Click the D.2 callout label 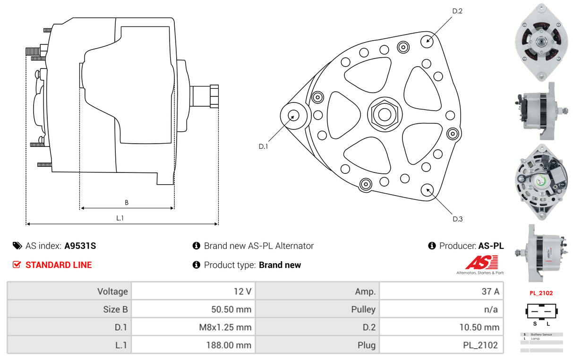(457, 11)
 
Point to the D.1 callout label (263, 146)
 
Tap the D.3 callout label (457, 219)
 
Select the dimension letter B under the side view (127, 203)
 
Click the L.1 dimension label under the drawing (120, 218)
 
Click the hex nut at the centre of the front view (385, 115)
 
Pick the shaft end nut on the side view (214, 96)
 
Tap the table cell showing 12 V (242, 291)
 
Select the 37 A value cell (490, 291)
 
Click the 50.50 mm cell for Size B (231, 309)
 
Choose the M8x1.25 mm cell (225, 327)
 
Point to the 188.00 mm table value (229, 345)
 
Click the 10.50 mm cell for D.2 (479, 327)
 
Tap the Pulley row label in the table (363, 309)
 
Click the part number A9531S (80, 246)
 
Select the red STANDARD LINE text (59, 265)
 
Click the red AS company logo (481, 262)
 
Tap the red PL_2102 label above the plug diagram (541, 293)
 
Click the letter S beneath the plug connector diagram (535, 324)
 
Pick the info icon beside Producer (432, 246)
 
